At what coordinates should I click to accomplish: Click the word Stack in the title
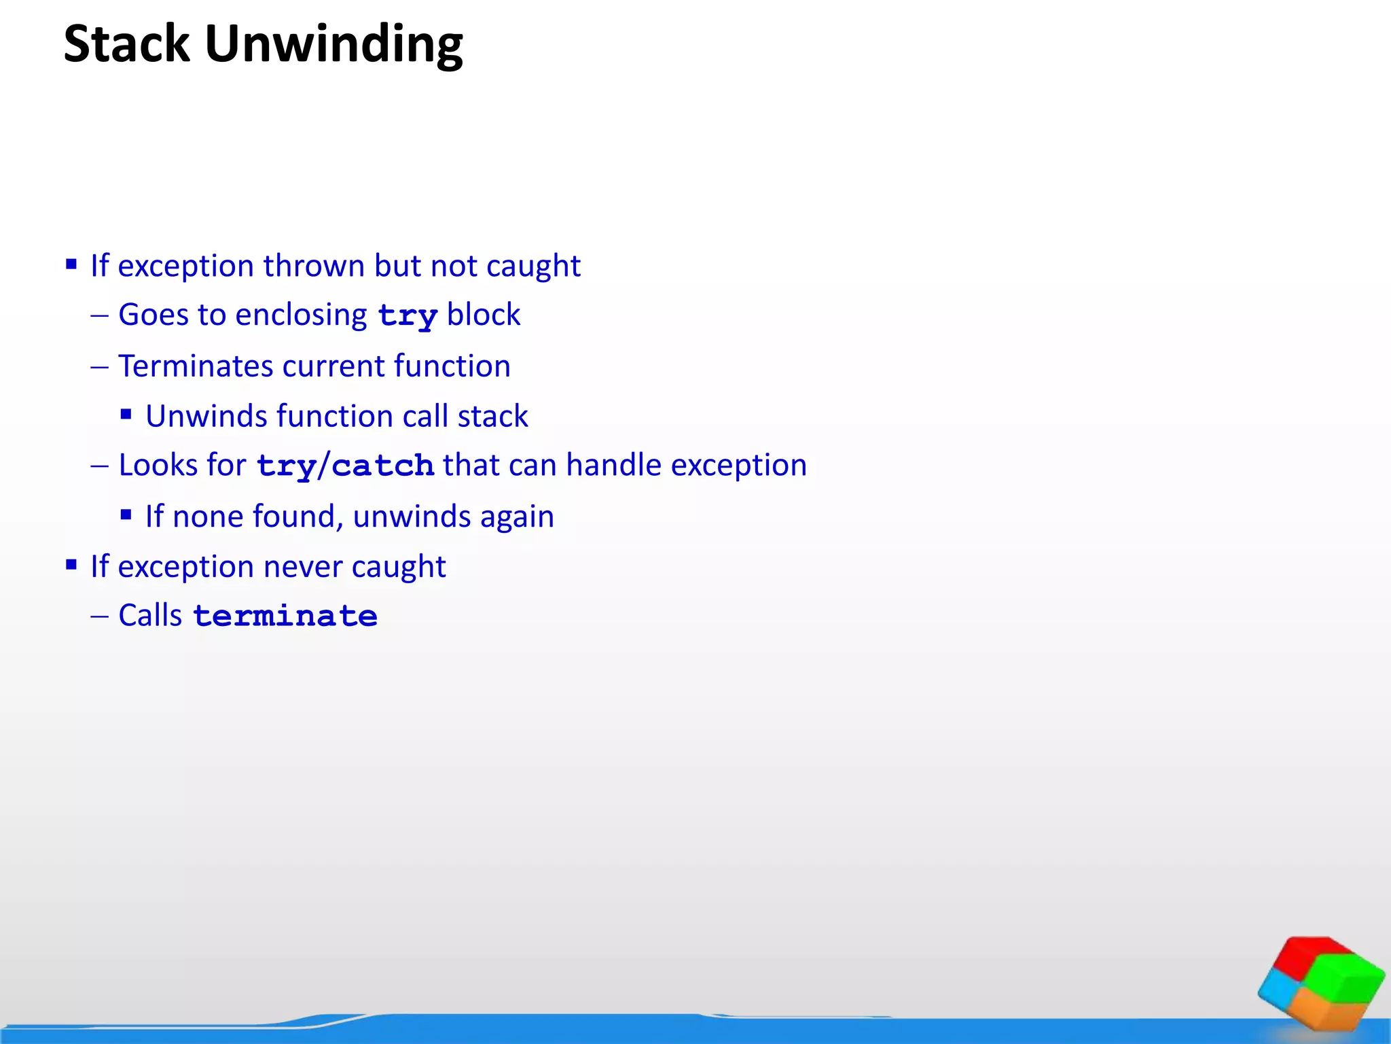coord(126,45)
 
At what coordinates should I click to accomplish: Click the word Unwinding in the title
coord(333,45)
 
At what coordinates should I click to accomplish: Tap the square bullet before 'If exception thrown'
coord(71,264)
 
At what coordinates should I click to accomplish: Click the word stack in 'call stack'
coord(492,416)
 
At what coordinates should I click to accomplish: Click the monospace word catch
coord(382,466)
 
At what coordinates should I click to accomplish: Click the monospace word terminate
coord(285,616)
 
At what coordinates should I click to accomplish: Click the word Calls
coord(150,616)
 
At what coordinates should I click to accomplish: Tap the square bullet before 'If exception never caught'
coord(71,564)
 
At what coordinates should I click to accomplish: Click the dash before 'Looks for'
coord(99,466)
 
